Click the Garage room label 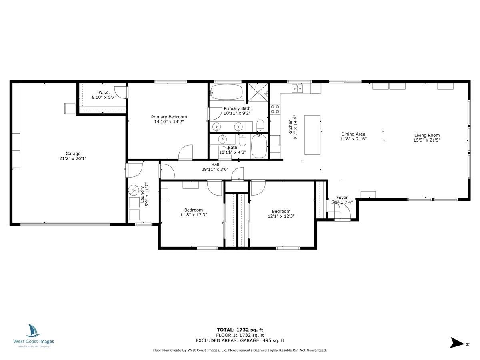(73, 154)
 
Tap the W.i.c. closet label (104, 92)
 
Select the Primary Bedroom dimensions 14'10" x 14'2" (169, 122)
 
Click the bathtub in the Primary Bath (226, 92)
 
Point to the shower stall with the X (258, 92)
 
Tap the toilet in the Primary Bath (260, 125)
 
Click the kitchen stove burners (275, 109)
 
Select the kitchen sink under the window (298, 88)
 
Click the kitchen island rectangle (312, 135)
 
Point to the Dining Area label (353, 134)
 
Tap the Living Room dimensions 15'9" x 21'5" (427, 140)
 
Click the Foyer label (342, 198)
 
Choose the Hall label (215, 164)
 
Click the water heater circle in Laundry (134, 190)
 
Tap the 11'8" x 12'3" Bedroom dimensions (193, 215)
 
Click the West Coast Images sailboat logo (33, 330)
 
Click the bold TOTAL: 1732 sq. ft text (240, 330)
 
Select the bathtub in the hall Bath (259, 146)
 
